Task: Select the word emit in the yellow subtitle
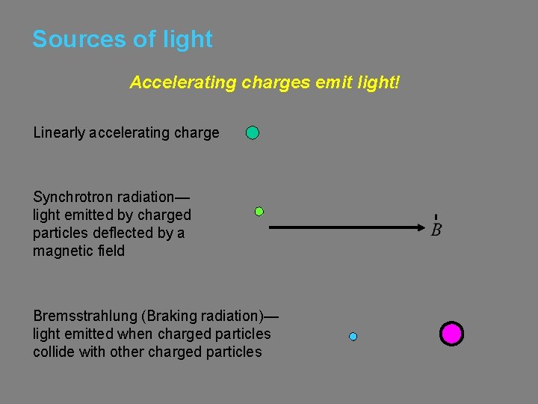click(x=333, y=82)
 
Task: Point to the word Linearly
click(x=59, y=133)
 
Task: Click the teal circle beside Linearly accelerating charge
click(x=253, y=133)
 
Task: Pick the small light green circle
click(x=259, y=212)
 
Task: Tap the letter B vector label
click(x=436, y=229)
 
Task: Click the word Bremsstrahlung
click(x=86, y=316)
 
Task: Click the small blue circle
click(x=353, y=337)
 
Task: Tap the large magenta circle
click(x=451, y=334)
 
